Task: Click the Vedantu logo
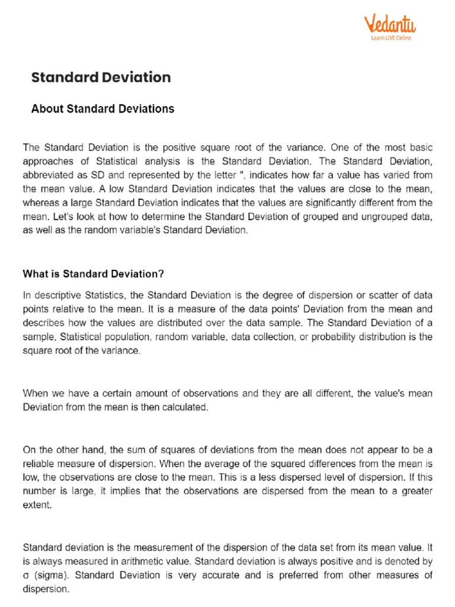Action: click(389, 24)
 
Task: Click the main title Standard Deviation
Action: click(101, 78)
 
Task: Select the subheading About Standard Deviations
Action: click(102, 109)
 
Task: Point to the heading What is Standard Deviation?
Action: click(93, 274)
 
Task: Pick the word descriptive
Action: click(53, 295)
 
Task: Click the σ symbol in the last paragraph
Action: click(26, 575)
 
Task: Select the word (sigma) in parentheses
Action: click(52, 575)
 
